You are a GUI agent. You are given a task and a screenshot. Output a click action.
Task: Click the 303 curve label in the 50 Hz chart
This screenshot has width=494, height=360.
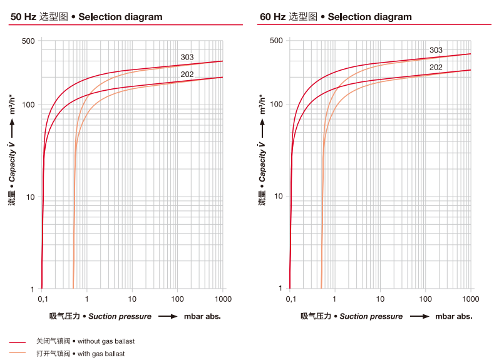point(187,58)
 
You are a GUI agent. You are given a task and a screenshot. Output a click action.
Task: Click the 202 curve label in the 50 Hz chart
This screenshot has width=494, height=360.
point(187,75)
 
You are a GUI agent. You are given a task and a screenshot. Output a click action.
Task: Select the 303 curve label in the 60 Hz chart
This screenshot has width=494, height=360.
point(436,50)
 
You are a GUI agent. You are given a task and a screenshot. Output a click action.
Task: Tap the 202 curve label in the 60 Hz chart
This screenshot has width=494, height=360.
point(436,68)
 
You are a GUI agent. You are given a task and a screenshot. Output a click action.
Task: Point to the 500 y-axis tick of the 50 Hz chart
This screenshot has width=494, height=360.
point(28,41)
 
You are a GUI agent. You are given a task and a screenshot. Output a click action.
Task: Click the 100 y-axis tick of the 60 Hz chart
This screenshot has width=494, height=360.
point(276,105)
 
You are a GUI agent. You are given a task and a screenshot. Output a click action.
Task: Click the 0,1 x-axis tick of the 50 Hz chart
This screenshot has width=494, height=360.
point(42,299)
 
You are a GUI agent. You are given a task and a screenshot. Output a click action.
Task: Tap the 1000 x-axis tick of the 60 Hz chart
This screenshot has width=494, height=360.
point(470,299)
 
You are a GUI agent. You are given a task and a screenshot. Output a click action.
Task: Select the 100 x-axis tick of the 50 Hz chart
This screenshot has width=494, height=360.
point(178,299)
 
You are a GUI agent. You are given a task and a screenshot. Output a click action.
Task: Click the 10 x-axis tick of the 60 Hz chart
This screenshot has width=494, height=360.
point(380,299)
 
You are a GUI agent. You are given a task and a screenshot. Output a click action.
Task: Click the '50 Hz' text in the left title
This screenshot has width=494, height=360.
point(23,17)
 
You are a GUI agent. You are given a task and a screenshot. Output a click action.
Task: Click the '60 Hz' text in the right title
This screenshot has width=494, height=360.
point(272,17)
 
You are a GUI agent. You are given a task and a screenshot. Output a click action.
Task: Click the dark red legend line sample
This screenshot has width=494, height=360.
point(18,342)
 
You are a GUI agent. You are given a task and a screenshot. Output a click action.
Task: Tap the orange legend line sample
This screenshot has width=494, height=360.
point(18,354)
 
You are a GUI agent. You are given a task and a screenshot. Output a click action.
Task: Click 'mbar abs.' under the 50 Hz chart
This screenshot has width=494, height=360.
point(202,316)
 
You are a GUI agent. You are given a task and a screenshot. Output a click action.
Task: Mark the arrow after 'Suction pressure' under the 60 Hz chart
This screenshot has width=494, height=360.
point(419,316)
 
